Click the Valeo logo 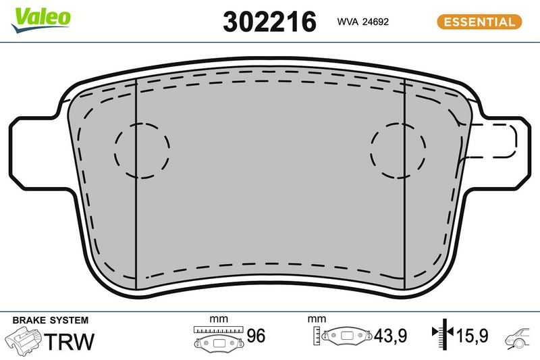coord(40,20)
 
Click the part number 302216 coord(269,22)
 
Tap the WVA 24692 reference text coord(362,22)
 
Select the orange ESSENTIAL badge coord(479,22)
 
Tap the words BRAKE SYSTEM coord(50,320)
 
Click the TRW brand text coord(70,341)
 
